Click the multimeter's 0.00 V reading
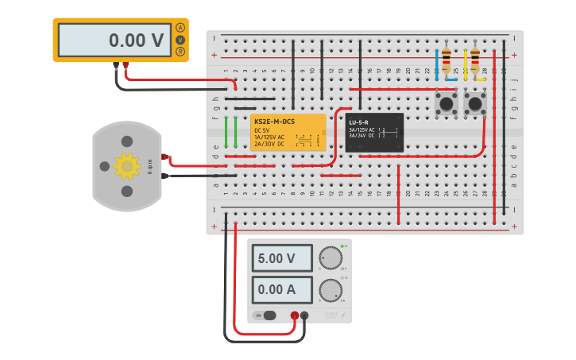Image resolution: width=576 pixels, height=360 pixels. (115, 40)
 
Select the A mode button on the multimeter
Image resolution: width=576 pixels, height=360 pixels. (180, 28)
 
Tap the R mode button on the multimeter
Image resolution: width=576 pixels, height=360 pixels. (180, 52)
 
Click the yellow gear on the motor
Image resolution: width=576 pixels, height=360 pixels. (126, 165)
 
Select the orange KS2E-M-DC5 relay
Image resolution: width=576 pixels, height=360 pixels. (288, 132)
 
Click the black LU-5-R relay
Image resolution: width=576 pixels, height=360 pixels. (374, 132)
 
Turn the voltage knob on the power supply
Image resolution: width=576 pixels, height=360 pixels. (328, 259)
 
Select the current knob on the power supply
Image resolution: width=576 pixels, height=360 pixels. (328, 291)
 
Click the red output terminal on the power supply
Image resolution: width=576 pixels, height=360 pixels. (294, 315)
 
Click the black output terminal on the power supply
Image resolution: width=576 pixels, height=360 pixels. (304, 315)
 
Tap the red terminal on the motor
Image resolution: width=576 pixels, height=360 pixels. (165, 157)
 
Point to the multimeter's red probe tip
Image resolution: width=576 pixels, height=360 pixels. (126, 65)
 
